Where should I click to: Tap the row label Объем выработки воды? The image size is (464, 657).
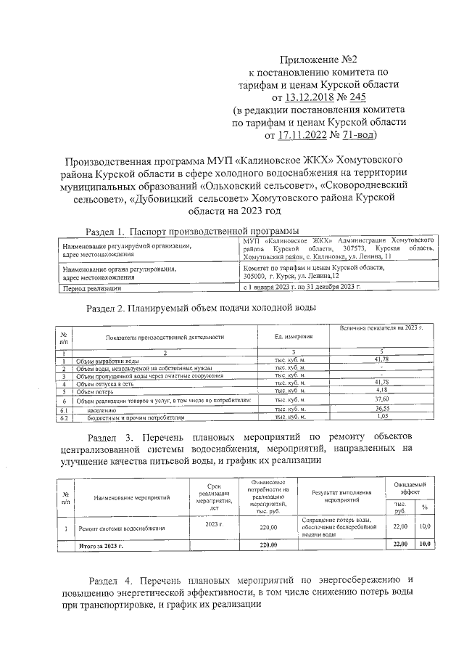109,361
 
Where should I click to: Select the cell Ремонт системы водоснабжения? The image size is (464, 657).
122,529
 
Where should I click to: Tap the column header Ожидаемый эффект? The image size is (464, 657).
410,488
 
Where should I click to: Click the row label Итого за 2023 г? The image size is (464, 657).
100,544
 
